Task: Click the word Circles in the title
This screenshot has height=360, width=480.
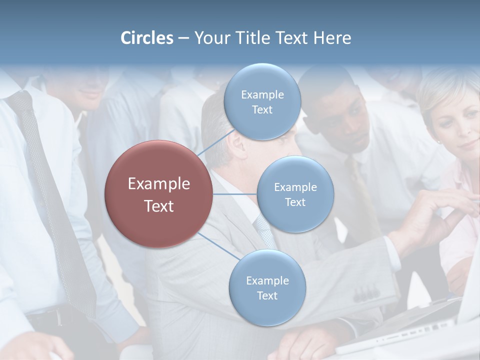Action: (146, 38)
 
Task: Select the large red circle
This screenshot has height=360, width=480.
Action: (158, 194)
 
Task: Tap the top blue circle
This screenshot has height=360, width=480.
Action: (262, 102)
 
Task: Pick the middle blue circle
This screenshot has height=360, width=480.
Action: (295, 194)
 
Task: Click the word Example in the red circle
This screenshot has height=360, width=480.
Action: (158, 183)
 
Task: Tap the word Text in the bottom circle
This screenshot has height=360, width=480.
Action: (267, 296)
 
